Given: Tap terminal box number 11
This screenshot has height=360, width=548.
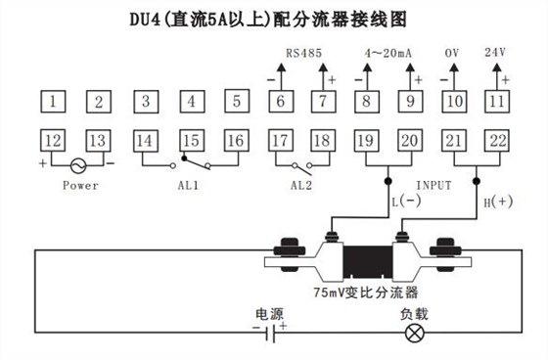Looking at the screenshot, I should pos(498,100).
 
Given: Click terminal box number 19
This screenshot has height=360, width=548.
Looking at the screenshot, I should pos(364,141).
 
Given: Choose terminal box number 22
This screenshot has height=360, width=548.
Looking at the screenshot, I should pos(498,141).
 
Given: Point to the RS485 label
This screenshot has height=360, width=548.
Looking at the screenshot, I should pos(300,52).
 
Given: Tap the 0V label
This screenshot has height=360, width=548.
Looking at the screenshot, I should pos(453,52).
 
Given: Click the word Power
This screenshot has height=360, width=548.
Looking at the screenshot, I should pos(80,185).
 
